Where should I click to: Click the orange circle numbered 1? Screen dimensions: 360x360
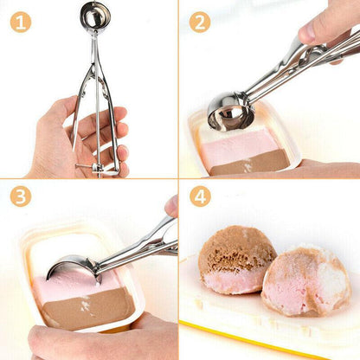click(21, 22)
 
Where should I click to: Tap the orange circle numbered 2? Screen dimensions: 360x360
click(200, 22)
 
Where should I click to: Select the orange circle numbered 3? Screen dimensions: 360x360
click(21, 197)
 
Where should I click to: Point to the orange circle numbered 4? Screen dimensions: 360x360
click(200, 197)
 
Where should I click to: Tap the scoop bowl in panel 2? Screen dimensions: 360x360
click(229, 111)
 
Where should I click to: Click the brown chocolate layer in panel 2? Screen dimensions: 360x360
click(251, 163)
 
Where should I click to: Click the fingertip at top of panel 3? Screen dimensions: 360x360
click(172, 206)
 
